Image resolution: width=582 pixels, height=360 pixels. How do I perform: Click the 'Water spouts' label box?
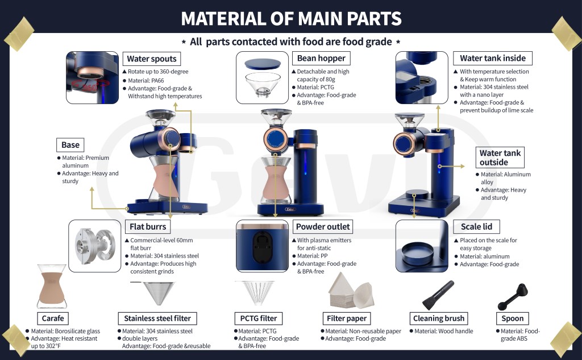(x=151, y=59)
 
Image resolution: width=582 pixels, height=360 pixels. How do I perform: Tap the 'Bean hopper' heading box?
(x=321, y=59)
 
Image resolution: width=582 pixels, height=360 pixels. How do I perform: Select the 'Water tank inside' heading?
(x=493, y=59)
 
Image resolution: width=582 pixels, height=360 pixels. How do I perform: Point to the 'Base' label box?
(x=70, y=145)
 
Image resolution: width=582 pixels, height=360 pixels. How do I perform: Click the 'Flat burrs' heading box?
(x=148, y=226)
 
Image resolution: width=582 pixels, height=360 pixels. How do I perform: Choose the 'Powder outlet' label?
(x=323, y=226)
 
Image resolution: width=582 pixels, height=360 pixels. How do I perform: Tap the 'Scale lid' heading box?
(x=477, y=226)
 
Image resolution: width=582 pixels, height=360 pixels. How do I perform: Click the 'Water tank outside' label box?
(x=500, y=158)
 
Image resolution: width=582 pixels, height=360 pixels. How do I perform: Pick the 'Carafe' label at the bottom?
(x=53, y=318)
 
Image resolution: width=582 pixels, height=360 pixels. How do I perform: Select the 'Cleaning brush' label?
(x=439, y=318)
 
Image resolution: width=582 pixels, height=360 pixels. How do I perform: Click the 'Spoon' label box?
(x=512, y=318)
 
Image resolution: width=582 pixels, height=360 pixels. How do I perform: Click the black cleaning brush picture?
(x=438, y=295)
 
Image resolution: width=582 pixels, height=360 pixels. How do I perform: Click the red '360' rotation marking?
(x=89, y=88)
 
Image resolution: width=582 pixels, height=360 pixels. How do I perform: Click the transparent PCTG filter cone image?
(x=255, y=292)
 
